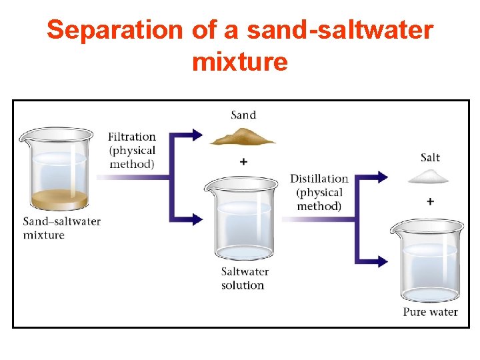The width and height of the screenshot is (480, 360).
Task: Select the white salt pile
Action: [430, 176]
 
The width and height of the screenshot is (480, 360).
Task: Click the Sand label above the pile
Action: [243, 115]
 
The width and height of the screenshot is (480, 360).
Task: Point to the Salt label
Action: [430, 157]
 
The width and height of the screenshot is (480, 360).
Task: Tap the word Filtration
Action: [132, 137]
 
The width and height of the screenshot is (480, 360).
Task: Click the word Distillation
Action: [319, 179]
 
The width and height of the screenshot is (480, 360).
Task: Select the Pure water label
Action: [430, 312]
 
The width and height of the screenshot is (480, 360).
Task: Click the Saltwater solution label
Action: [244, 279]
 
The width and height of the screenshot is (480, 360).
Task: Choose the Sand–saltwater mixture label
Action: [61, 228]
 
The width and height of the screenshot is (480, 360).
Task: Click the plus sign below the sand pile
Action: [243, 161]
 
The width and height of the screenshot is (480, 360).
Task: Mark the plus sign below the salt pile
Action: [430, 201]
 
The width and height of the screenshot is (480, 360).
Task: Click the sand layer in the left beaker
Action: [59, 199]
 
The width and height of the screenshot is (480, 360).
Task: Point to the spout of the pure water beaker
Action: [394, 228]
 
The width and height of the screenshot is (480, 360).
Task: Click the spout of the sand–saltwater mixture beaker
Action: [24, 136]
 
